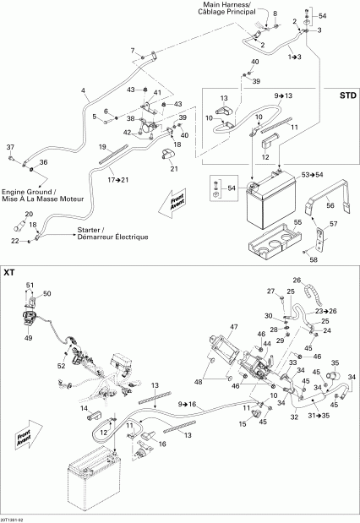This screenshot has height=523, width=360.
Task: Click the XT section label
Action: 9,273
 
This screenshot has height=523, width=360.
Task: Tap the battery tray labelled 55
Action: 273,243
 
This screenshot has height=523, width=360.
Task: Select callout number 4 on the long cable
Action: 83,90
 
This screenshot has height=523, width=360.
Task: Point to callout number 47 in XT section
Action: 233,326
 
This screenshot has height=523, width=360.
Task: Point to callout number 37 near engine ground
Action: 11,145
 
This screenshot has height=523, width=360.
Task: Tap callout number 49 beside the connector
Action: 30,336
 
